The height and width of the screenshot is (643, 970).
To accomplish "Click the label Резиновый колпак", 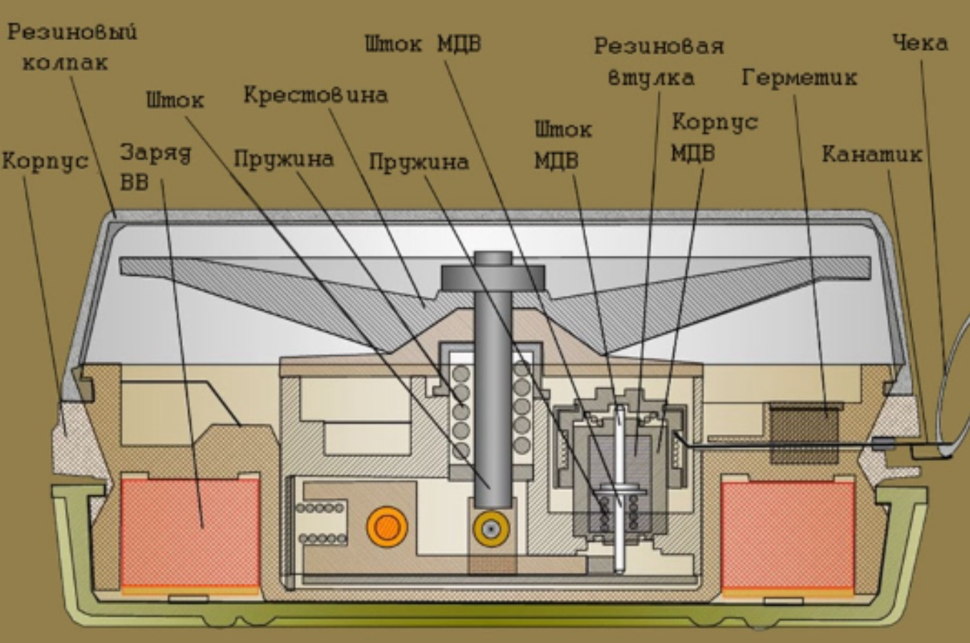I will click(x=71, y=47).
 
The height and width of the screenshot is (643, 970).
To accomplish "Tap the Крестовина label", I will click(x=315, y=95).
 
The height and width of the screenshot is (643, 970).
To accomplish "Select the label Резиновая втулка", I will click(x=658, y=61).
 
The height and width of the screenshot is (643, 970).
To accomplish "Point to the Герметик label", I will click(x=798, y=77).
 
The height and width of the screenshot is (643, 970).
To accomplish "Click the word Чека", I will click(x=920, y=43).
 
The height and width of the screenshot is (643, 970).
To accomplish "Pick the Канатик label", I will click(x=871, y=154).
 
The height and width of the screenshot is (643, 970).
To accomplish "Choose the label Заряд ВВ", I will click(x=154, y=166).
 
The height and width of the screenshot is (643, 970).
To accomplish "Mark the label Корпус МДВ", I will click(x=713, y=137).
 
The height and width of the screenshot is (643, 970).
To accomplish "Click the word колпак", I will click(x=65, y=63).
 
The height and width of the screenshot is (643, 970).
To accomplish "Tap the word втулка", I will click(x=650, y=77).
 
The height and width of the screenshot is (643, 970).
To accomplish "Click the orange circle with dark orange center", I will click(x=387, y=527).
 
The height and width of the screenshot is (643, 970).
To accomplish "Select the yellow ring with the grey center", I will click(x=491, y=529).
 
